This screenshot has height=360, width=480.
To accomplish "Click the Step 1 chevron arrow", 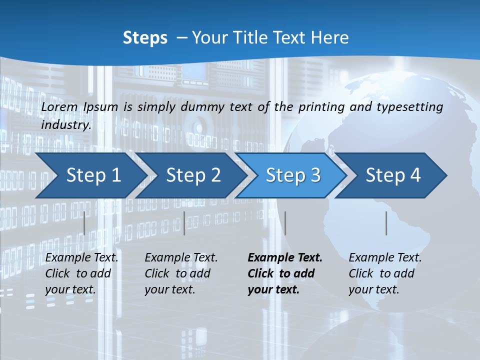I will (90, 175).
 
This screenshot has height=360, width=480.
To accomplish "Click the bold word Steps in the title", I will (145, 38).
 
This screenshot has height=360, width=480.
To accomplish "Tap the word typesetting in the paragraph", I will (413, 107).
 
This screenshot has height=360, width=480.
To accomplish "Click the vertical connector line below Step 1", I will (84, 223).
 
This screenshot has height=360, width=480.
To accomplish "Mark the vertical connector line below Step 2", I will (184, 223).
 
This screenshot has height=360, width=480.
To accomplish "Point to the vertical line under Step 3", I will (285, 223).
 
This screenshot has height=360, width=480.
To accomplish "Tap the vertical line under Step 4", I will (386, 223).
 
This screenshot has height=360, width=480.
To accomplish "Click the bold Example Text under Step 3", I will (285, 258).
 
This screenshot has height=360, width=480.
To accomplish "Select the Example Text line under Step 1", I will (81, 258).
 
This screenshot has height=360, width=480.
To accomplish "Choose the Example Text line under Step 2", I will (181, 258).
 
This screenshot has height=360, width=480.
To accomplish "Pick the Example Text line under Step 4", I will (385, 258).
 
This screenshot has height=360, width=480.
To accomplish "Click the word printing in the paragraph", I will (321, 107).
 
